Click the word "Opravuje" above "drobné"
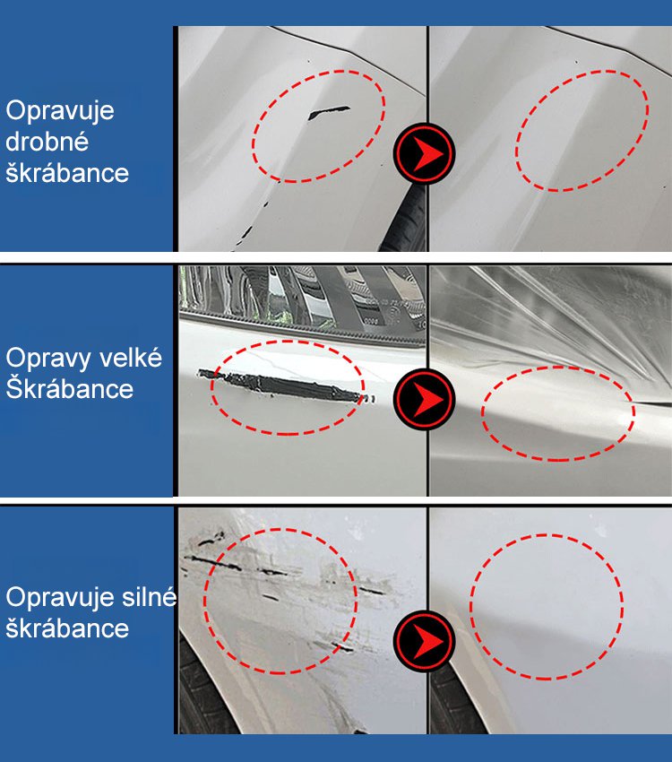click(x=60, y=112)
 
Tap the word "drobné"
click(x=47, y=142)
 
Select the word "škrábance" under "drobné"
click(x=67, y=173)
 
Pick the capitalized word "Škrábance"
click(x=69, y=388)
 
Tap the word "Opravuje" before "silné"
click(x=60, y=598)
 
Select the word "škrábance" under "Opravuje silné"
click(x=67, y=628)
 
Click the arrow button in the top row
click(x=424, y=153)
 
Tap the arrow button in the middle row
click(x=424, y=399)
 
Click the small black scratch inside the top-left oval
click(x=328, y=113)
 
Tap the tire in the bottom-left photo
click(x=204, y=690)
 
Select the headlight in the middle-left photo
click(x=302, y=298)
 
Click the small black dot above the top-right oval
click(x=576, y=62)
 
